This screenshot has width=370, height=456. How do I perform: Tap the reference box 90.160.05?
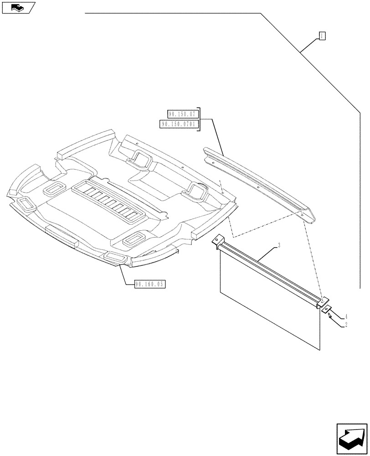[150, 284]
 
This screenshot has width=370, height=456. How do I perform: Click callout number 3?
[279, 246]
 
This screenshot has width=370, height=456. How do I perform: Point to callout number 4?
[346, 316]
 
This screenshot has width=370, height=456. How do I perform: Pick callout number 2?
[346, 325]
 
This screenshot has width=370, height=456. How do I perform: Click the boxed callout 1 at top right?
[322, 36]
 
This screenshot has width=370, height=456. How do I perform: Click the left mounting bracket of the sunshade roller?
[217, 240]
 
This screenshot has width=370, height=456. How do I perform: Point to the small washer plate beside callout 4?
[326, 310]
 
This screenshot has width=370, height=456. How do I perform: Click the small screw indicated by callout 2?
[329, 316]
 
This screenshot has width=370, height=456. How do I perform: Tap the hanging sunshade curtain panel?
[269, 306]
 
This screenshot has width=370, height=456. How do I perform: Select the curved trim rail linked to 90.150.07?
[255, 180]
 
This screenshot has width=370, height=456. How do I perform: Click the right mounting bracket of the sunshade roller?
[322, 301]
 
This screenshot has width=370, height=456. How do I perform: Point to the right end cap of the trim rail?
[310, 217]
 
